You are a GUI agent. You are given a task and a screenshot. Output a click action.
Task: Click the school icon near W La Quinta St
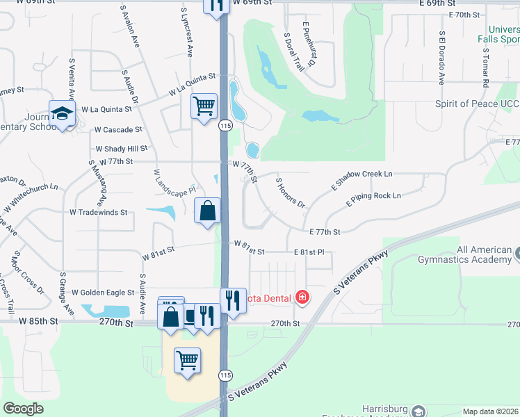pos(62,113)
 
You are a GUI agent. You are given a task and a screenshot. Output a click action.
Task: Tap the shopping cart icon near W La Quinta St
pos(204,106)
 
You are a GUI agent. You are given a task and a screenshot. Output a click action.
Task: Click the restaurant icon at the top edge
pos(216,5)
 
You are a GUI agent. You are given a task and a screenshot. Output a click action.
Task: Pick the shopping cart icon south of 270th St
pos(188,361)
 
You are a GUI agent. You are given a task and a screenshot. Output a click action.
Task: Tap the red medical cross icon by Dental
pos(302,298)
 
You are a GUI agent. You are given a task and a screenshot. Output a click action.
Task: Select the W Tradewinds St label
pos(99,212)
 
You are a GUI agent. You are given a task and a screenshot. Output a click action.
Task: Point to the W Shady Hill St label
pos(121,149)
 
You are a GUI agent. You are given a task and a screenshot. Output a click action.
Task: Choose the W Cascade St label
pos(118,129)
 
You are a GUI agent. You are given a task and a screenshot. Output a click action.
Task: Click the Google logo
pos(23,409)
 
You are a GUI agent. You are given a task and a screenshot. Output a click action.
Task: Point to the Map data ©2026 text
pos(489,411)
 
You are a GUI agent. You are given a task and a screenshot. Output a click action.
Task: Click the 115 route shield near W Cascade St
pos(225,126)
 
